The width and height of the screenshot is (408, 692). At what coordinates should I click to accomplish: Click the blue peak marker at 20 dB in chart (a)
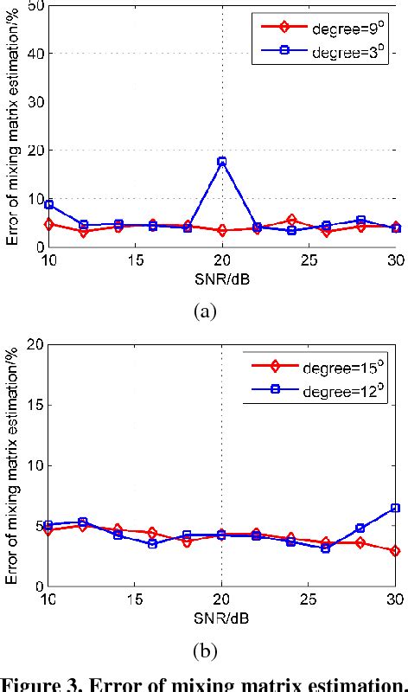point(222,162)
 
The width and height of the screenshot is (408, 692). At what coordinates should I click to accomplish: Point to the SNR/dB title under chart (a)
point(222,278)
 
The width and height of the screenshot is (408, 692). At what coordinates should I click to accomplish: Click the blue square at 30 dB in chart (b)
point(395,508)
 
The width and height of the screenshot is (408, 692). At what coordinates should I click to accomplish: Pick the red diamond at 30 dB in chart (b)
point(395,551)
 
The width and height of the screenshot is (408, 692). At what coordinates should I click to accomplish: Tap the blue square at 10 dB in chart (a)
point(49,204)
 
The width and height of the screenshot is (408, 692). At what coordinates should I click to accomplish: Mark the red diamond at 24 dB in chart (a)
point(291,220)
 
